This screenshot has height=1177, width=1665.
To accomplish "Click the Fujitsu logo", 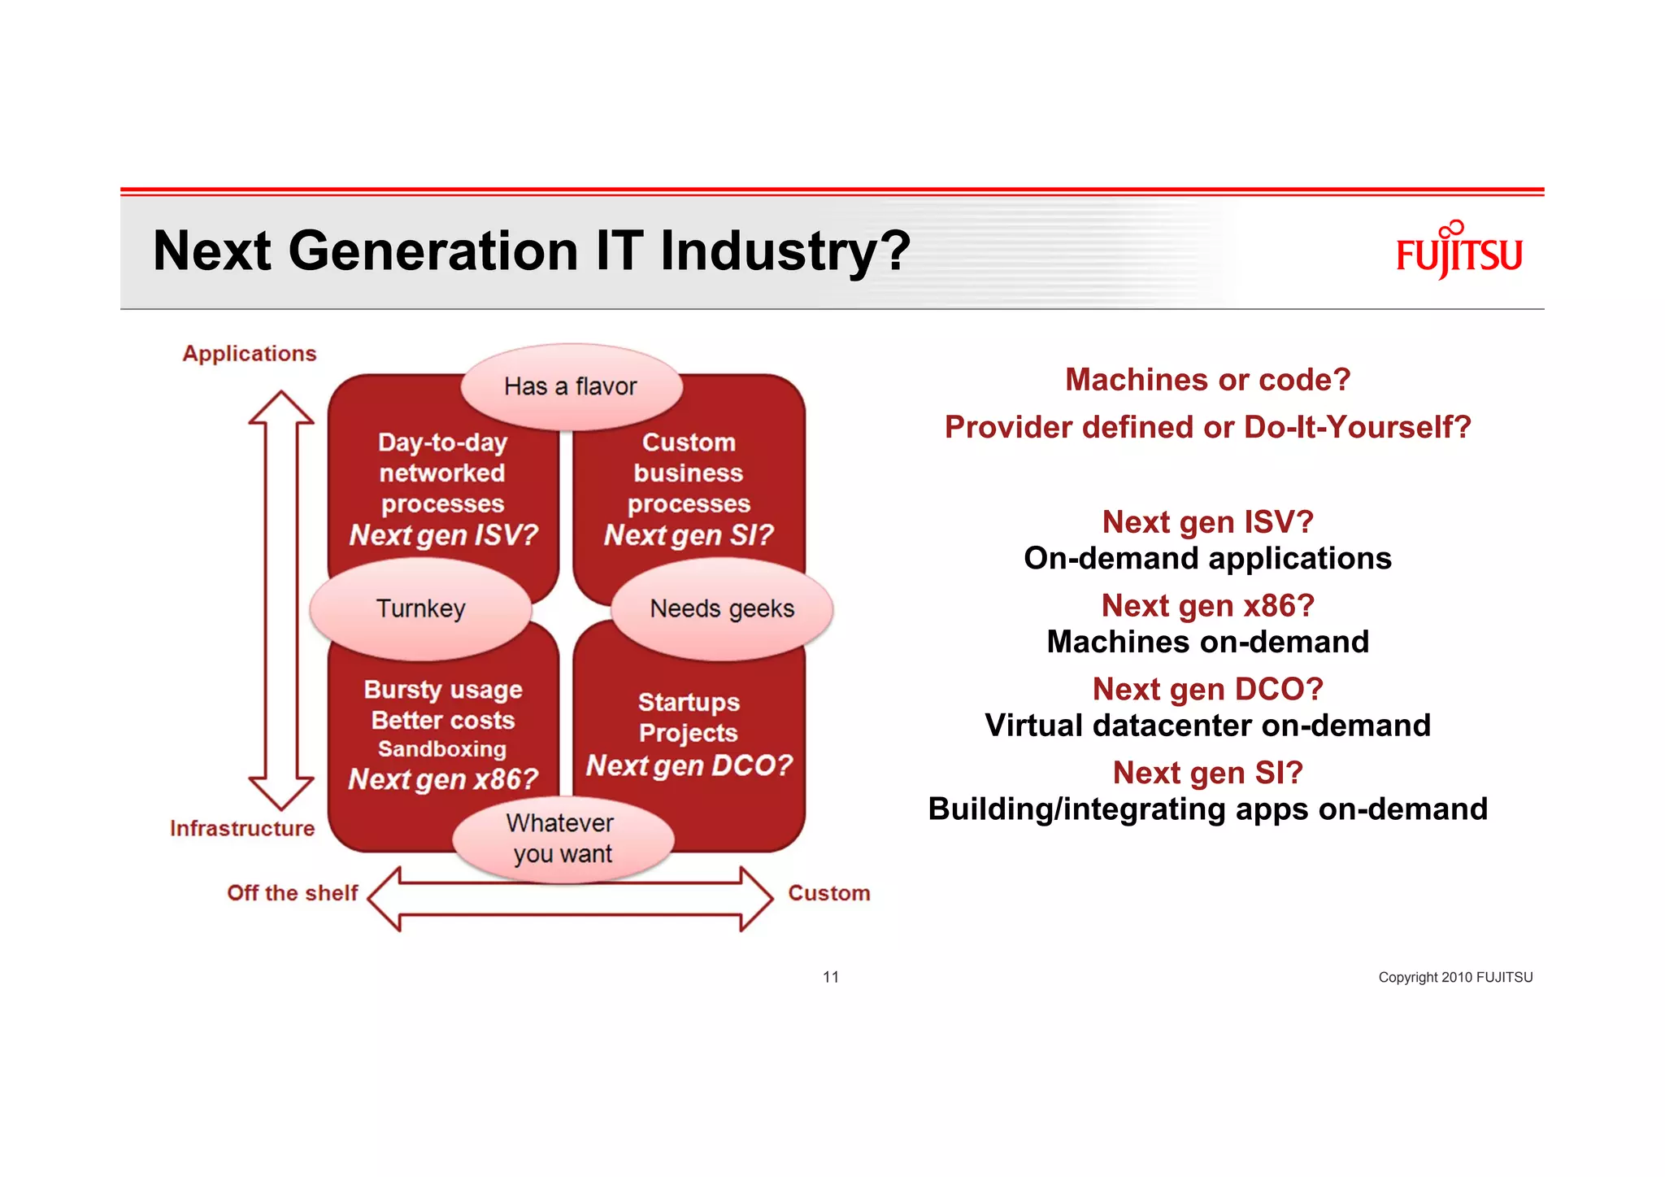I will (1459, 251).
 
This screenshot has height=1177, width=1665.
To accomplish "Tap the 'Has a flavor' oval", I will (571, 386).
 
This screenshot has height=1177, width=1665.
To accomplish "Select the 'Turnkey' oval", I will (420, 608).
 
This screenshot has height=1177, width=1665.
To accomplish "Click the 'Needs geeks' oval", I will (722, 608).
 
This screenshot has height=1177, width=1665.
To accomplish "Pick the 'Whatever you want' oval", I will (563, 839).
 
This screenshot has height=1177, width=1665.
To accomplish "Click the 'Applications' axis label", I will (250, 354).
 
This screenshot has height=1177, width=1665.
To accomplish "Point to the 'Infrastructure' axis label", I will (242, 828).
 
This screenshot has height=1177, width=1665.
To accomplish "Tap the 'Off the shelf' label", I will (293, 892).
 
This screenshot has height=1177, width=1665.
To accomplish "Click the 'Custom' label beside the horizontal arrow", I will (828, 892).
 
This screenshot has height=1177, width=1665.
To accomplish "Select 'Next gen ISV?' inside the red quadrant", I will (444, 535).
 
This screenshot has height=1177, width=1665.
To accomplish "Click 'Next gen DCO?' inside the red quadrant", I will (689, 765).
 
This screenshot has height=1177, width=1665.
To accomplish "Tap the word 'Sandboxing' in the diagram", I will (442, 748).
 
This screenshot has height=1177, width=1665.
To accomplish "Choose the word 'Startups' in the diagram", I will (689, 701).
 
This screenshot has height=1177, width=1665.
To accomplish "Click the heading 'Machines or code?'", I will (1207, 380).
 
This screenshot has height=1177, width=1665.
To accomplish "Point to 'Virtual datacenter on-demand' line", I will (1207, 725).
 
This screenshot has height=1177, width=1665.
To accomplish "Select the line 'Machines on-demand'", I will (1207, 642).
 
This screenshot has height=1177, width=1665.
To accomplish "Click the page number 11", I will (830, 977).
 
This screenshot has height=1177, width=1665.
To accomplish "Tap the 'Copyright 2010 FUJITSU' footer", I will (1454, 977).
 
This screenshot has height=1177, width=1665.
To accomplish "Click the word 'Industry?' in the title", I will (785, 251).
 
